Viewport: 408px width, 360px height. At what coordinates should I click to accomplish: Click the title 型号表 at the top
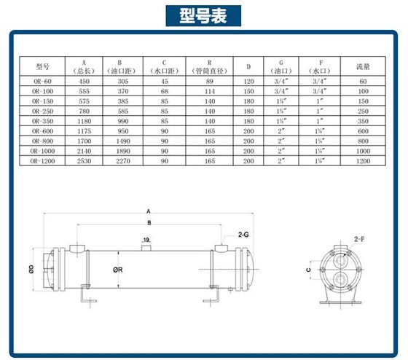pos(204,15)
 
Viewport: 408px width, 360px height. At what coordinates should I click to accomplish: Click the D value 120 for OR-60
pos(248,82)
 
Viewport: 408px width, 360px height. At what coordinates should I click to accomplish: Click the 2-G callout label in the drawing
pos(243,236)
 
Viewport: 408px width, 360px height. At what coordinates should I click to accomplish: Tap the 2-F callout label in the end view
pos(358,239)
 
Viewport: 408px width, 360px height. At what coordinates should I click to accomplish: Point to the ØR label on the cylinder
pos(117,267)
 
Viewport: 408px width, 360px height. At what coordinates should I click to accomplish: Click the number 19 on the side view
pos(147,239)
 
